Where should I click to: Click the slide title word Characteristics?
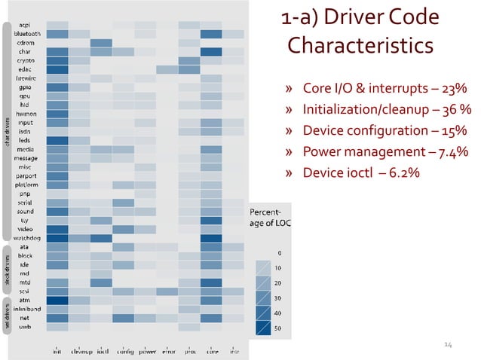pos(360,46)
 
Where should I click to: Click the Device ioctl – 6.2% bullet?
pos(361,173)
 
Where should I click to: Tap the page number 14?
pos(448,344)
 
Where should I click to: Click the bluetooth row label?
pos(29,34)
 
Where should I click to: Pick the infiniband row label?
pos(28,309)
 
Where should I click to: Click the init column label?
pos(57,350)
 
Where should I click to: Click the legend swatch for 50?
pos(263,328)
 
